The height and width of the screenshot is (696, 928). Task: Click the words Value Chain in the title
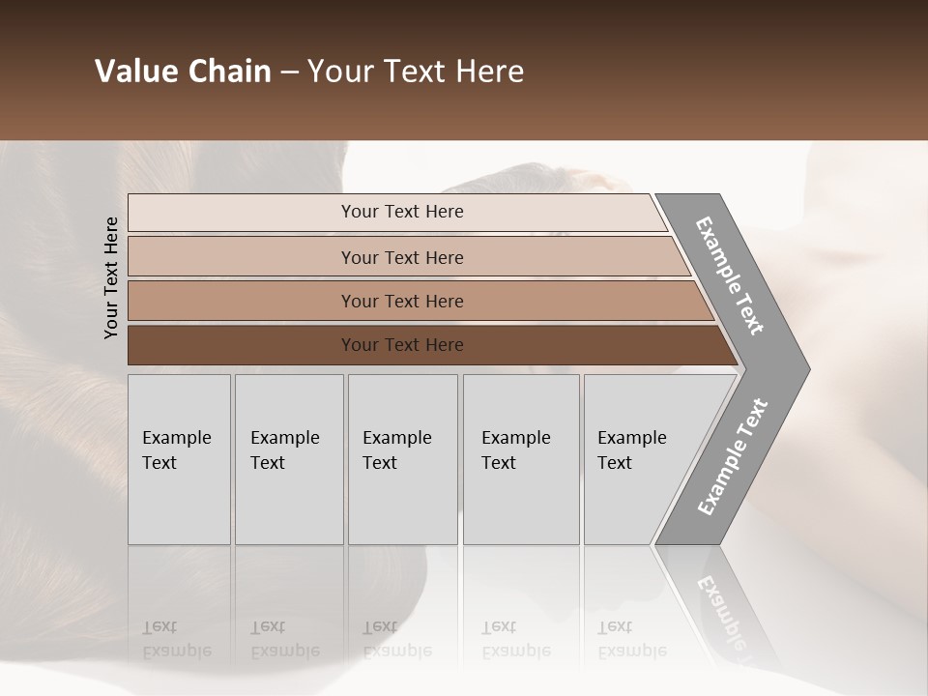click(x=183, y=72)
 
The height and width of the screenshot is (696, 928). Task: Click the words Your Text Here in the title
click(x=416, y=72)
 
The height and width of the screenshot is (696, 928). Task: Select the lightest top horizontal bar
click(x=242, y=213)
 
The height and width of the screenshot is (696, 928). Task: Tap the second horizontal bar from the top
click(x=242, y=257)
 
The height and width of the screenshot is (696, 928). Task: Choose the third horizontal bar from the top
click(x=242, y=301)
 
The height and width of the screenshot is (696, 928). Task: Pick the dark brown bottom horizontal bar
click(x=242, y=345)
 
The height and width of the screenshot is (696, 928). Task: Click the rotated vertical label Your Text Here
click(x=111, y=277)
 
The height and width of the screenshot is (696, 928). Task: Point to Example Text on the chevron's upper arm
click(x=730, y=275)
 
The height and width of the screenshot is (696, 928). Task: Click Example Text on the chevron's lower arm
click(x=733, y=457)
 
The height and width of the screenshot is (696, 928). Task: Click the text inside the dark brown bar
click(x=402, y=345)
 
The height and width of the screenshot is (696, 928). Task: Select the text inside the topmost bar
click(x=402, y=212)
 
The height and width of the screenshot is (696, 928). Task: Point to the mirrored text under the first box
click(x=176, y=639)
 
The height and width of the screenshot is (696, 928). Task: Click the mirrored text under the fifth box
click(x=631, y=639)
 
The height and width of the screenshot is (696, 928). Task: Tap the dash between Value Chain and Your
click(x=289, y=72)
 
